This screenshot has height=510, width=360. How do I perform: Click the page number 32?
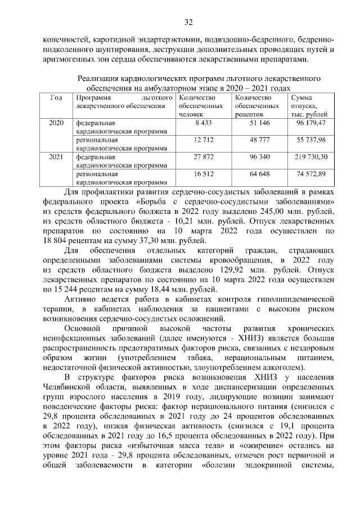coord(188,23)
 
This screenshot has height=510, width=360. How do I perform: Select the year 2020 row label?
coord(56,122)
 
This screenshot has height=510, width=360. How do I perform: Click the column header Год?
coord(56,97)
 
